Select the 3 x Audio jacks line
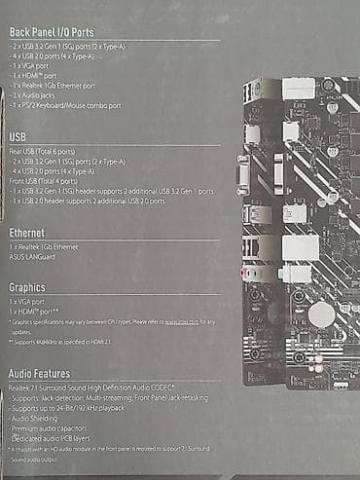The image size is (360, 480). click(x=39, y=95)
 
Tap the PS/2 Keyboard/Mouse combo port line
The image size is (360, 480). click(x=67, y=105)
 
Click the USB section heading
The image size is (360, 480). click(x=19, y=137)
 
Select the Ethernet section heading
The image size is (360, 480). click(x=33, y=234)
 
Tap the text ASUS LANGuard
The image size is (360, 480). click(x=35, y=256)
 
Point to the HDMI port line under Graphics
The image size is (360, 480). click(x=35, y=312)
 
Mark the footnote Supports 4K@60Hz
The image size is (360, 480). click(x=73, y=342)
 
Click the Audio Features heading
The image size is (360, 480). click(x=53, y=374)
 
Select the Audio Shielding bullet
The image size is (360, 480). click(x=41, y=417)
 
